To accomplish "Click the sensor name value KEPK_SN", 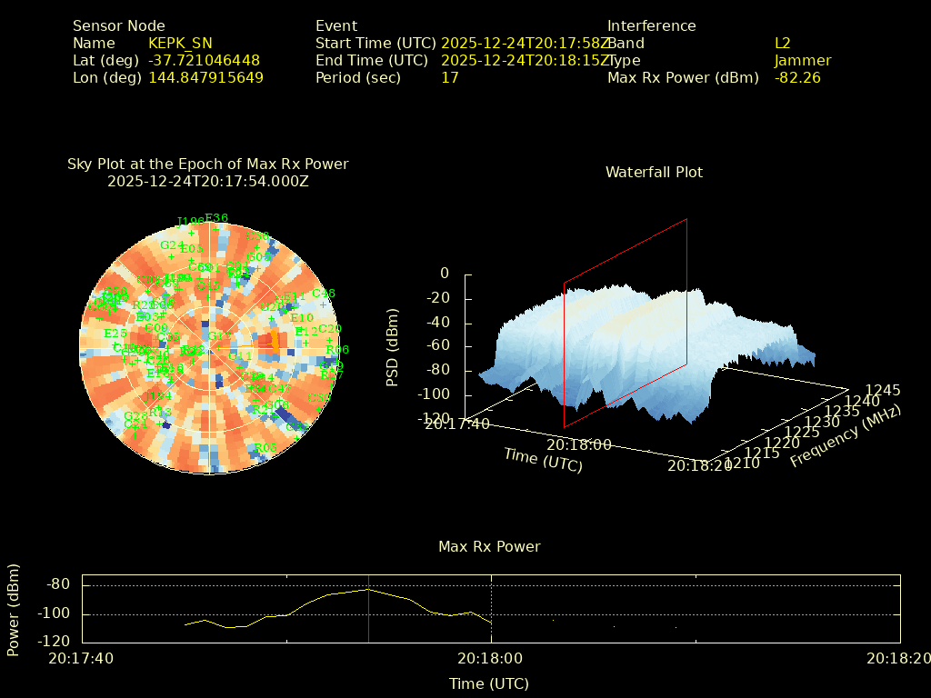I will click(x=180, y=43).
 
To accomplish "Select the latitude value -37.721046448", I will click(x=204, y=60).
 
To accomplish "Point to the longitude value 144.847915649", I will click(x=205, y=77).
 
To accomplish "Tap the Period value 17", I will click(x=449, y=77).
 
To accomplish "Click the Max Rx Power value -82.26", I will click(x=797, y=77).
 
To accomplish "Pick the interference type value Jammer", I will click(x=802, y=60).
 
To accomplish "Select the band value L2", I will click(x=782, y=43).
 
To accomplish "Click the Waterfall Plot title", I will click(x=654, y=172).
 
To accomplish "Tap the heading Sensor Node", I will click(x=119, y=25).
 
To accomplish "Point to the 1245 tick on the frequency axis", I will click(x=883, y=390).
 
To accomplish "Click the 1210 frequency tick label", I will click(x=744, y=464).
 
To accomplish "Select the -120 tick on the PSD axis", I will click(x=434, y=419).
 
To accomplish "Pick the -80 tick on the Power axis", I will click(x=58, y=584).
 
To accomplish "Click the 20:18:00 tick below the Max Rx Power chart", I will click(x=490, y=658).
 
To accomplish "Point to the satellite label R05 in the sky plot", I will click(x=265, y=447).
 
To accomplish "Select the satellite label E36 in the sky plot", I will click(x=216, y=217).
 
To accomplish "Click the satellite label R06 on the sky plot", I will click(x=337, y=350).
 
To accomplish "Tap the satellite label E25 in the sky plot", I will click(x=115, y=334).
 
